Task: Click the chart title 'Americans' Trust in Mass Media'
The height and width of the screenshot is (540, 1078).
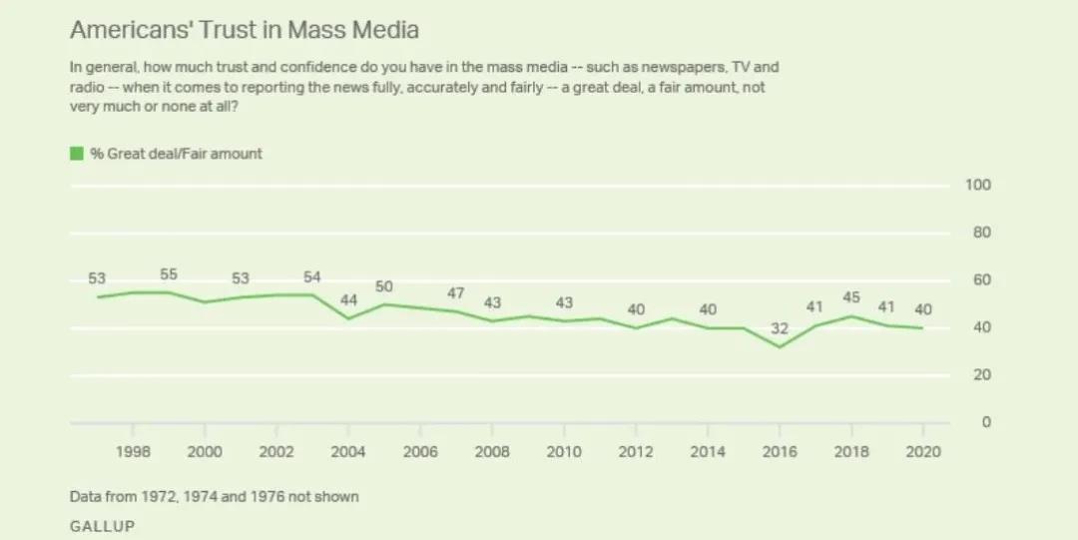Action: tap(244, 30)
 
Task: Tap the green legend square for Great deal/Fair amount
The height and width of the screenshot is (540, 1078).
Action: tap(76, 154)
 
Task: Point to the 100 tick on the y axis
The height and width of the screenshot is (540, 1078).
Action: tap(977, 185)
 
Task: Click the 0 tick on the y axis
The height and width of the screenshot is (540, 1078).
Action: tap(985, 422)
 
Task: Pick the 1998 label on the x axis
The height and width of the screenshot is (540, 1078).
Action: tap(133, 451)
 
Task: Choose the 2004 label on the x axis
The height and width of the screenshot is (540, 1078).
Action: tap(348, 451)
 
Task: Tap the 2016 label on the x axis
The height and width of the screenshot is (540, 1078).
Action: tap(780, 451)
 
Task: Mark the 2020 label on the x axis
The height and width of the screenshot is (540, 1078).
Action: tap(923, 451)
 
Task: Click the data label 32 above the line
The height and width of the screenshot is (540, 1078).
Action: tap(780, 328)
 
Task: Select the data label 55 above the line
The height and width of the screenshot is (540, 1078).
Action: tap(170, 273)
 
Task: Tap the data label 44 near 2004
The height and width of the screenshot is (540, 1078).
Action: tap(348, 299)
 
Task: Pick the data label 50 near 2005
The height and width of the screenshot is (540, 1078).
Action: tap(384, 286)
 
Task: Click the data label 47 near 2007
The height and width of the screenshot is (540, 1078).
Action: tap(456, 293)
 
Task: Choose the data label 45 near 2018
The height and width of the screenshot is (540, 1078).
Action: tap(851, 297)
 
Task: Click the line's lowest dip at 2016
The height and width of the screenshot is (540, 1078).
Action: tap(780, 346)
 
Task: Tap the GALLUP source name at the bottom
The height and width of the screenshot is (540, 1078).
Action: tap(102, 525)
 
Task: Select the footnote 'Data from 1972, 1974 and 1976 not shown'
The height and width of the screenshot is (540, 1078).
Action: tap(214, 496)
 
